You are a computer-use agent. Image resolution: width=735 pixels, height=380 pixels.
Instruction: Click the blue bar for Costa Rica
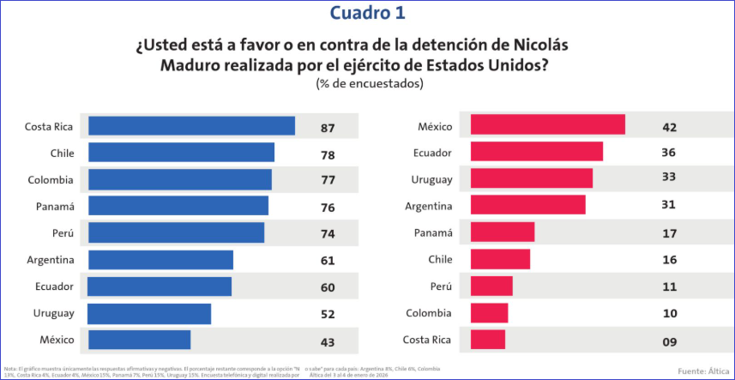click(x=191, y=126)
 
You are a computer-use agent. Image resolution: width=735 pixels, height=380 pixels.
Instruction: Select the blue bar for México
click(x=139, y=340)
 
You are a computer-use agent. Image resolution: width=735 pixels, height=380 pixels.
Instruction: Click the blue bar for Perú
click(x=176, y=233)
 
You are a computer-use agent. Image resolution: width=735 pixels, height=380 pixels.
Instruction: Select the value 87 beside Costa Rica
click(x=327, y=128)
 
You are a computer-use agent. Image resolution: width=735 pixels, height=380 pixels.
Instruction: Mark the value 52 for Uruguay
click(x=327, y=315)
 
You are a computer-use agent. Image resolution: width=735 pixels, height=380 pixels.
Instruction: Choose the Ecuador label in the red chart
click(x=434, y=153)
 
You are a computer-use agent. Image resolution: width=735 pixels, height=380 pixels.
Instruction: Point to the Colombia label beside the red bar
click(x=430, y=313)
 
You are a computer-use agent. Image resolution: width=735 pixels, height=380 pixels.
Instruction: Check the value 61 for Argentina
click(x=327, y=261)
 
